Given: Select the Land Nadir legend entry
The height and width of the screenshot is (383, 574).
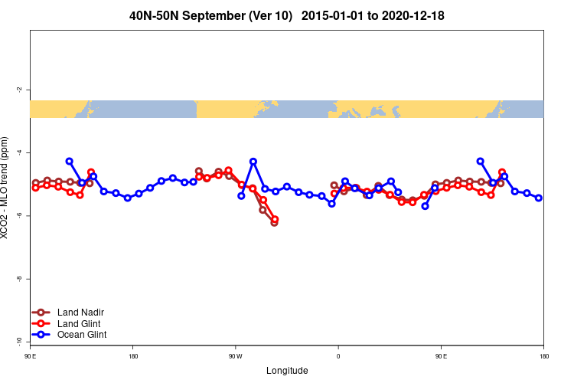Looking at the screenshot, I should tap(80, 312).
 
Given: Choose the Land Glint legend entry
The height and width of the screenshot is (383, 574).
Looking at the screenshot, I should tap(78, 323).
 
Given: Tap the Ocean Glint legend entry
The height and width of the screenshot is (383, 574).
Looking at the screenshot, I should tap(82, 335).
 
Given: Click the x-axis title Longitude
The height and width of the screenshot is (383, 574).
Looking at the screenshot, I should tap(287, 371).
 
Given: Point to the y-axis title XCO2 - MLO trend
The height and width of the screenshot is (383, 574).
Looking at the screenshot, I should tap(6, 188).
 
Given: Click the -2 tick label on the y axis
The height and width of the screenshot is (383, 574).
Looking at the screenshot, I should tap(19, 90).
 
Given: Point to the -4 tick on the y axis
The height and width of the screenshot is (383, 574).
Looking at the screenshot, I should tap(19, 152).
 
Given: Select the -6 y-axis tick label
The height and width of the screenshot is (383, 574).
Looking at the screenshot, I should tap(19, 216).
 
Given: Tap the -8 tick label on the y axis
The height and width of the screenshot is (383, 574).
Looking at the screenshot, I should tap(19, 279).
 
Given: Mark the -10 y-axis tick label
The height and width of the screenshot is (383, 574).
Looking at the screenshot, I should tap(19, 341).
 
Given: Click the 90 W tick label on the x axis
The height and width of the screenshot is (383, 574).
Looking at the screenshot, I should tap(235, 356).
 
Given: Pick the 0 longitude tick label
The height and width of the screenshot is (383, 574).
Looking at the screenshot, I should tap(338, 356).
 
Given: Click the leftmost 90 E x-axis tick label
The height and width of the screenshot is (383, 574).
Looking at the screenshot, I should tap(30, 356).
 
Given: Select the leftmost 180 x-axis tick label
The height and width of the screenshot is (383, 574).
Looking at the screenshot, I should tap(133, 356).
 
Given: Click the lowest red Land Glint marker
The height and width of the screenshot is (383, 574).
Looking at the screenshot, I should tap(275, 219).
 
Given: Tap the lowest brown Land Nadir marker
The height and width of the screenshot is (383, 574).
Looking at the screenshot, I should tap(274, 223).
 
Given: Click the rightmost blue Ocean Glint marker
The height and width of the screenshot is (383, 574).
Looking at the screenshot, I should tap(539, 198).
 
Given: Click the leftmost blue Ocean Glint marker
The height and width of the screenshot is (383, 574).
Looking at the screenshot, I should tap(69, 162).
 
